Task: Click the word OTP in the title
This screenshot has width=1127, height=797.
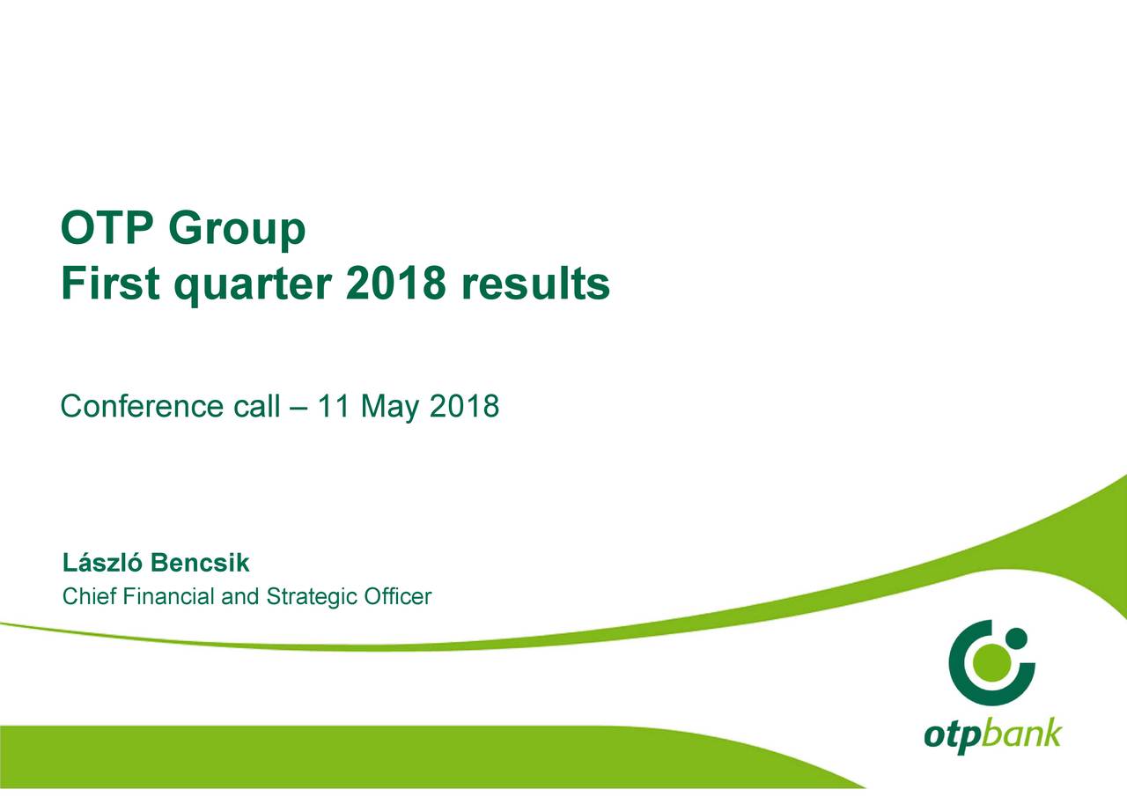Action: point(107,227)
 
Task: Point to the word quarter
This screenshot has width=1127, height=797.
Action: point(253,286)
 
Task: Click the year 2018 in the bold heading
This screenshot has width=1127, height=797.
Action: point(396,283)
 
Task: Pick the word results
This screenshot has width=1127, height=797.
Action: point(535,283)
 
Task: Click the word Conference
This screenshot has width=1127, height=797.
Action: point(142,405)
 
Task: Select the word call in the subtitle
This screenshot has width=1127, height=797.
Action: point(256,405)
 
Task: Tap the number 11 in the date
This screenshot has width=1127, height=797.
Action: point(334,405)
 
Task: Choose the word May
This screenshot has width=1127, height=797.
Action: point(390,408)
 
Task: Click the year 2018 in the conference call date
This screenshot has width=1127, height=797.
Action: point(464,405)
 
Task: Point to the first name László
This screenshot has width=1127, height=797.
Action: point(102,563)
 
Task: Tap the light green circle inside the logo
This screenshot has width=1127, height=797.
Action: point(991,663)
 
